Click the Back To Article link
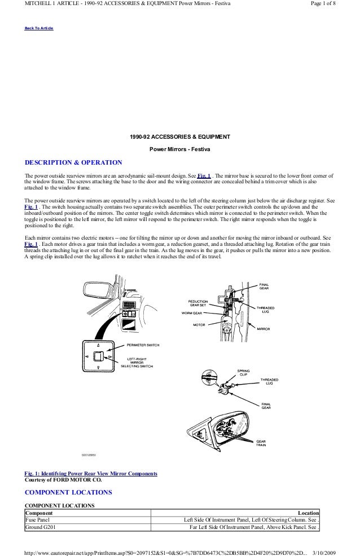(x=38, y=28)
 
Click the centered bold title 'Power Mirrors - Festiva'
(x=179, y=149)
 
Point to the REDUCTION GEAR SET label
(x=198, y=303)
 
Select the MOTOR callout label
(x=199, y=325)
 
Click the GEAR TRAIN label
(x=262, y=443)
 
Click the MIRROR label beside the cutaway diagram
(x=264, y=328)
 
